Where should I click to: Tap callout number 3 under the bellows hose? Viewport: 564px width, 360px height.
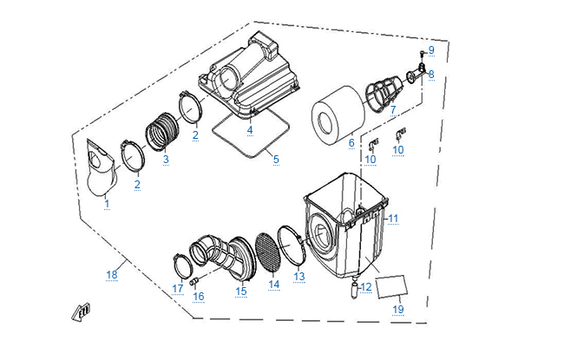(166, 159)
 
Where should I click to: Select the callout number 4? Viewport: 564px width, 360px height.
(250, 130)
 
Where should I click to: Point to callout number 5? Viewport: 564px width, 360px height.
(276, 159)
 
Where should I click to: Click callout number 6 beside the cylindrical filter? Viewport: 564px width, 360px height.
(351, 142)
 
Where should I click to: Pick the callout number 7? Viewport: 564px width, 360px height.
(392, 110)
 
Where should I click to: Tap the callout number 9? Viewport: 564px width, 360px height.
(431, 50)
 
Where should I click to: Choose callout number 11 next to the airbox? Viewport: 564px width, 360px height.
(392, 218)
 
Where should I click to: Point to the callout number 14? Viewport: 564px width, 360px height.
(274, 284)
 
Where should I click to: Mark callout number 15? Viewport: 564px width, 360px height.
(241, 291)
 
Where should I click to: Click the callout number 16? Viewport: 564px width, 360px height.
(198, 296)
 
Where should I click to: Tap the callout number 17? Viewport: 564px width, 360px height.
(178, 288)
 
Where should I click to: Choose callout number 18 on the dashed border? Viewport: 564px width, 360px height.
(111, 275)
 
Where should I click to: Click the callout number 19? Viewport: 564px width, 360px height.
(398, 309)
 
